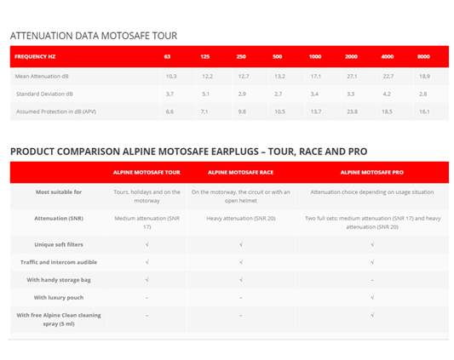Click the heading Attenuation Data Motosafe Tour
click(93, 36)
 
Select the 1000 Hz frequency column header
click(315, 57)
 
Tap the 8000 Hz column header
click(423, 57)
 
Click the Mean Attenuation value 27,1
click(352, 76)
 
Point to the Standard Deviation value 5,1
click(206, 94)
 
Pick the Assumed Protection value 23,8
click(352, 111)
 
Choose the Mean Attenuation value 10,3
click(170, 76)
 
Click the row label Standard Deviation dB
click(44, 94)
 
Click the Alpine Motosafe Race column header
click(241, 172)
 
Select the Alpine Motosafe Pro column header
click(372, 172)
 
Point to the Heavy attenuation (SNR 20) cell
click(241, 218)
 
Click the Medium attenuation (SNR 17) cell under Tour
click(147, 222)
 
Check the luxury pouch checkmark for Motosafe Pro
click(372, 297)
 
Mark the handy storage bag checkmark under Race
click(241, 279)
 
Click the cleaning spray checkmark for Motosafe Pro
click(372, 315)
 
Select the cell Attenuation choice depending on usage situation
click(372, 192)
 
